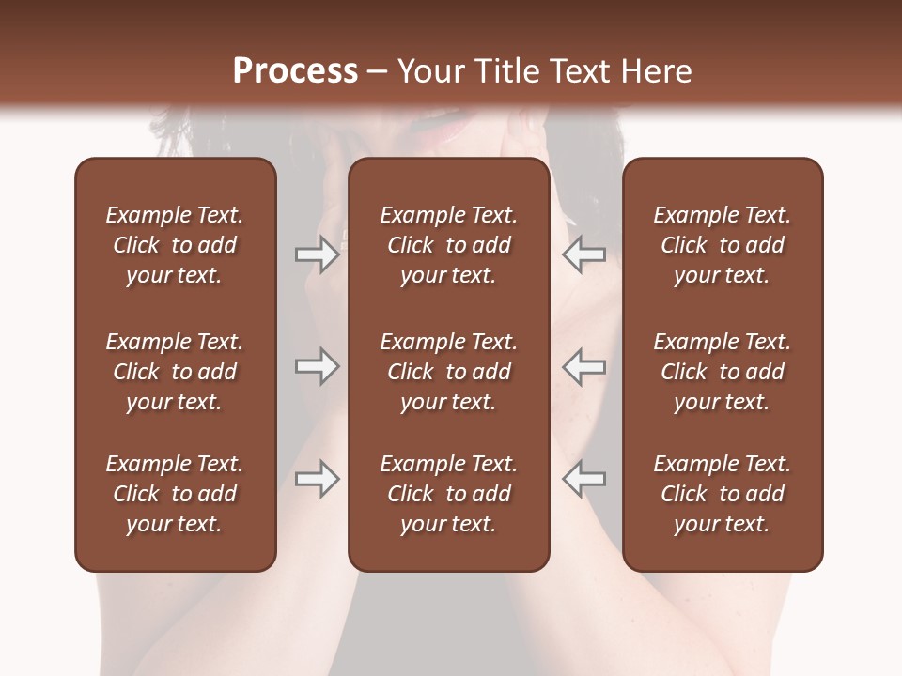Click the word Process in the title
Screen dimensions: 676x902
pyautogui.click(x=295, y=71)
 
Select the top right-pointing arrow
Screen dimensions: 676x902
pyautogui.click(x=318, y=254)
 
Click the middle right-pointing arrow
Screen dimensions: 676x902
pyautogui.click(x=318, y=366)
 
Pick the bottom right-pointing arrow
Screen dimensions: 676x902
pyautogui.click(x=318, y=479)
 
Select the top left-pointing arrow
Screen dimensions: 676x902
pyautogui.click(x=583, y=254)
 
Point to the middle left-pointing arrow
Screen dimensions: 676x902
pyautogui.click(x=583, y=366)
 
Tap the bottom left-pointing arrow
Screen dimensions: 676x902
pyautogui.click(x=583, y=479)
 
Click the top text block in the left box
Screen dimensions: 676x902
pyautogui.click(x=175, y=245)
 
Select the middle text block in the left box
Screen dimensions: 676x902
pyautogui.click(x=175, y=372)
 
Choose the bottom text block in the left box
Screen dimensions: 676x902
pyautogui.click(x=175, y=494)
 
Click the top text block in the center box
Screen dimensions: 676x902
pyautogui.click(x=448, y=245)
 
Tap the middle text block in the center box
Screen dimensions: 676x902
pyautogui.click(x=448, y=372)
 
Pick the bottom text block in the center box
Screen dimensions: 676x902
pyautogui.click(x=448, y=494)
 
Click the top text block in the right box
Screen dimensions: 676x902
pyautogui.click(x=722, y=245)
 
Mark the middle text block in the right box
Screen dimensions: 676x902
pyautogui.click(x=722, y=372)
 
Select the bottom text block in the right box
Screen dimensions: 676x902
pyautogui.click(x=722, y=494)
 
